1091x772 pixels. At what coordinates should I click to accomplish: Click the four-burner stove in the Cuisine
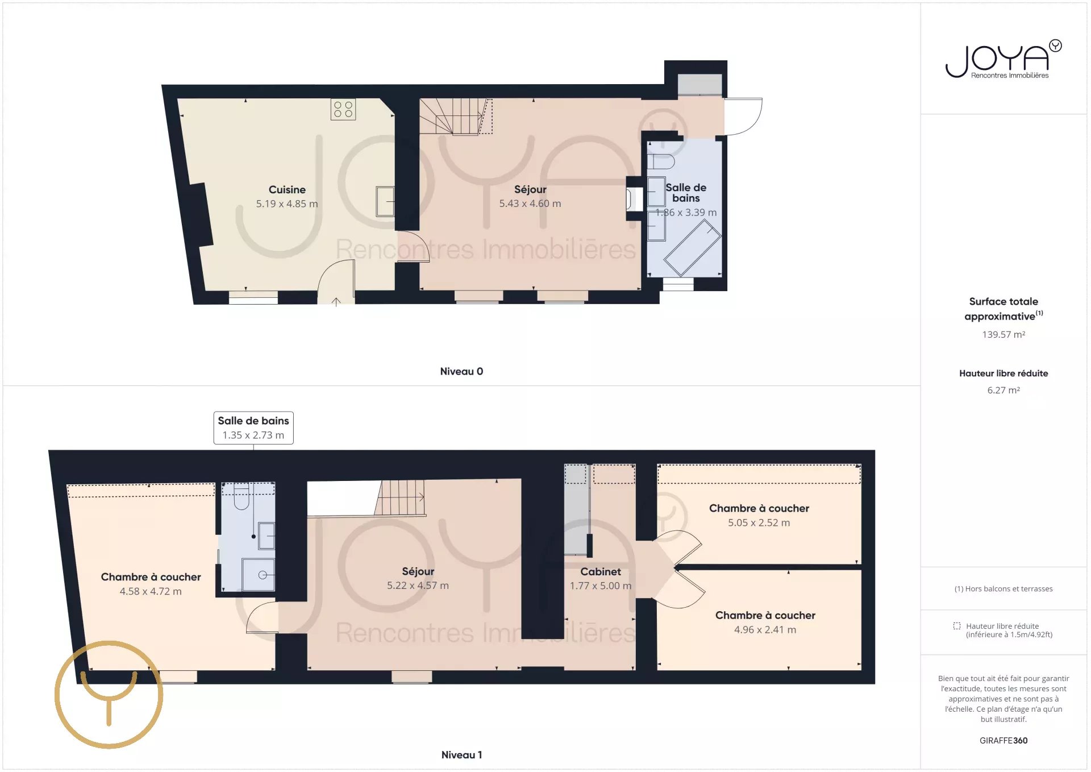point(343,109)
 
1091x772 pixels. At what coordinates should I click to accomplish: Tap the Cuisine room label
point(287,190)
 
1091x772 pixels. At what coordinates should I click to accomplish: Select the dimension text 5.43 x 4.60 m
point(530,204)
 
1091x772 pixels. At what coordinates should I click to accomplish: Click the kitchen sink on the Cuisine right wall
point(385,201)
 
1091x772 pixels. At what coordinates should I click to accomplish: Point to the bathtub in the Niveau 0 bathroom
point(693,248)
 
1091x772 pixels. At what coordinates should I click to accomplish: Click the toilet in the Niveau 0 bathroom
point(661,161)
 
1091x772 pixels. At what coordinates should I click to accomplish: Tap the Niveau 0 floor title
point(461,371)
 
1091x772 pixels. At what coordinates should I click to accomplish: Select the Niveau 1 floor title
point(461,755)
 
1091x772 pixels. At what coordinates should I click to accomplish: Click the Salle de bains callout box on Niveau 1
point(253,427)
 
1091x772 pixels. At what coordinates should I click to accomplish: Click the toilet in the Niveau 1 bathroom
point(241,496)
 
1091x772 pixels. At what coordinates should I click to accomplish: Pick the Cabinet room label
point(601,572)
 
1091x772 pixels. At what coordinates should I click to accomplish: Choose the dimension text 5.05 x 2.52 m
point(759,522)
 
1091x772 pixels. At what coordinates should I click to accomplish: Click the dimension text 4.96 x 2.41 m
point(765,630)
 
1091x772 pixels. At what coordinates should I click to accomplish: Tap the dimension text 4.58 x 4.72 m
point(151,591)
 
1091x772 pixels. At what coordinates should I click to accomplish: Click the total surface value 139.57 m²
point(1003,335)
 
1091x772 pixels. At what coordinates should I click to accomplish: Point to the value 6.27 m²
point(1003,390)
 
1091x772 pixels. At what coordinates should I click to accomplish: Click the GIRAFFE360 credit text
point(1003,741)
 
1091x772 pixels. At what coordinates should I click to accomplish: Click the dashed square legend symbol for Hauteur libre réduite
point(957,626)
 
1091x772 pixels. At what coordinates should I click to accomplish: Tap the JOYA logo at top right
point(1003,59)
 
